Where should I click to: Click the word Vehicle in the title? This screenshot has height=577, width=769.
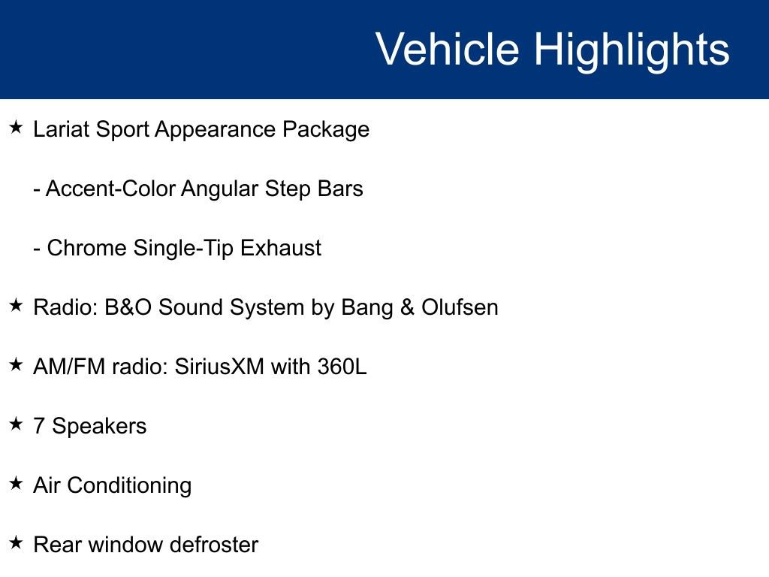448,50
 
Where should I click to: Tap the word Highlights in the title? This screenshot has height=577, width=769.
632,50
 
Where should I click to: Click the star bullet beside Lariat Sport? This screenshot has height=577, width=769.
16,128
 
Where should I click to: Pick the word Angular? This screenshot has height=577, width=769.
220,189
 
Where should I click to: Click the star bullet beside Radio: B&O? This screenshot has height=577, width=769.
16,306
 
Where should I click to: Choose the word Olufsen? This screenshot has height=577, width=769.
459,307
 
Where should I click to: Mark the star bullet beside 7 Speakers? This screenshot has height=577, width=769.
16,424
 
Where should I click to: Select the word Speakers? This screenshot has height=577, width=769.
99,427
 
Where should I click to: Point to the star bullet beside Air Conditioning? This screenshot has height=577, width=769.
16,484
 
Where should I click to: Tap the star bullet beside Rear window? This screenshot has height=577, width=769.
16,542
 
